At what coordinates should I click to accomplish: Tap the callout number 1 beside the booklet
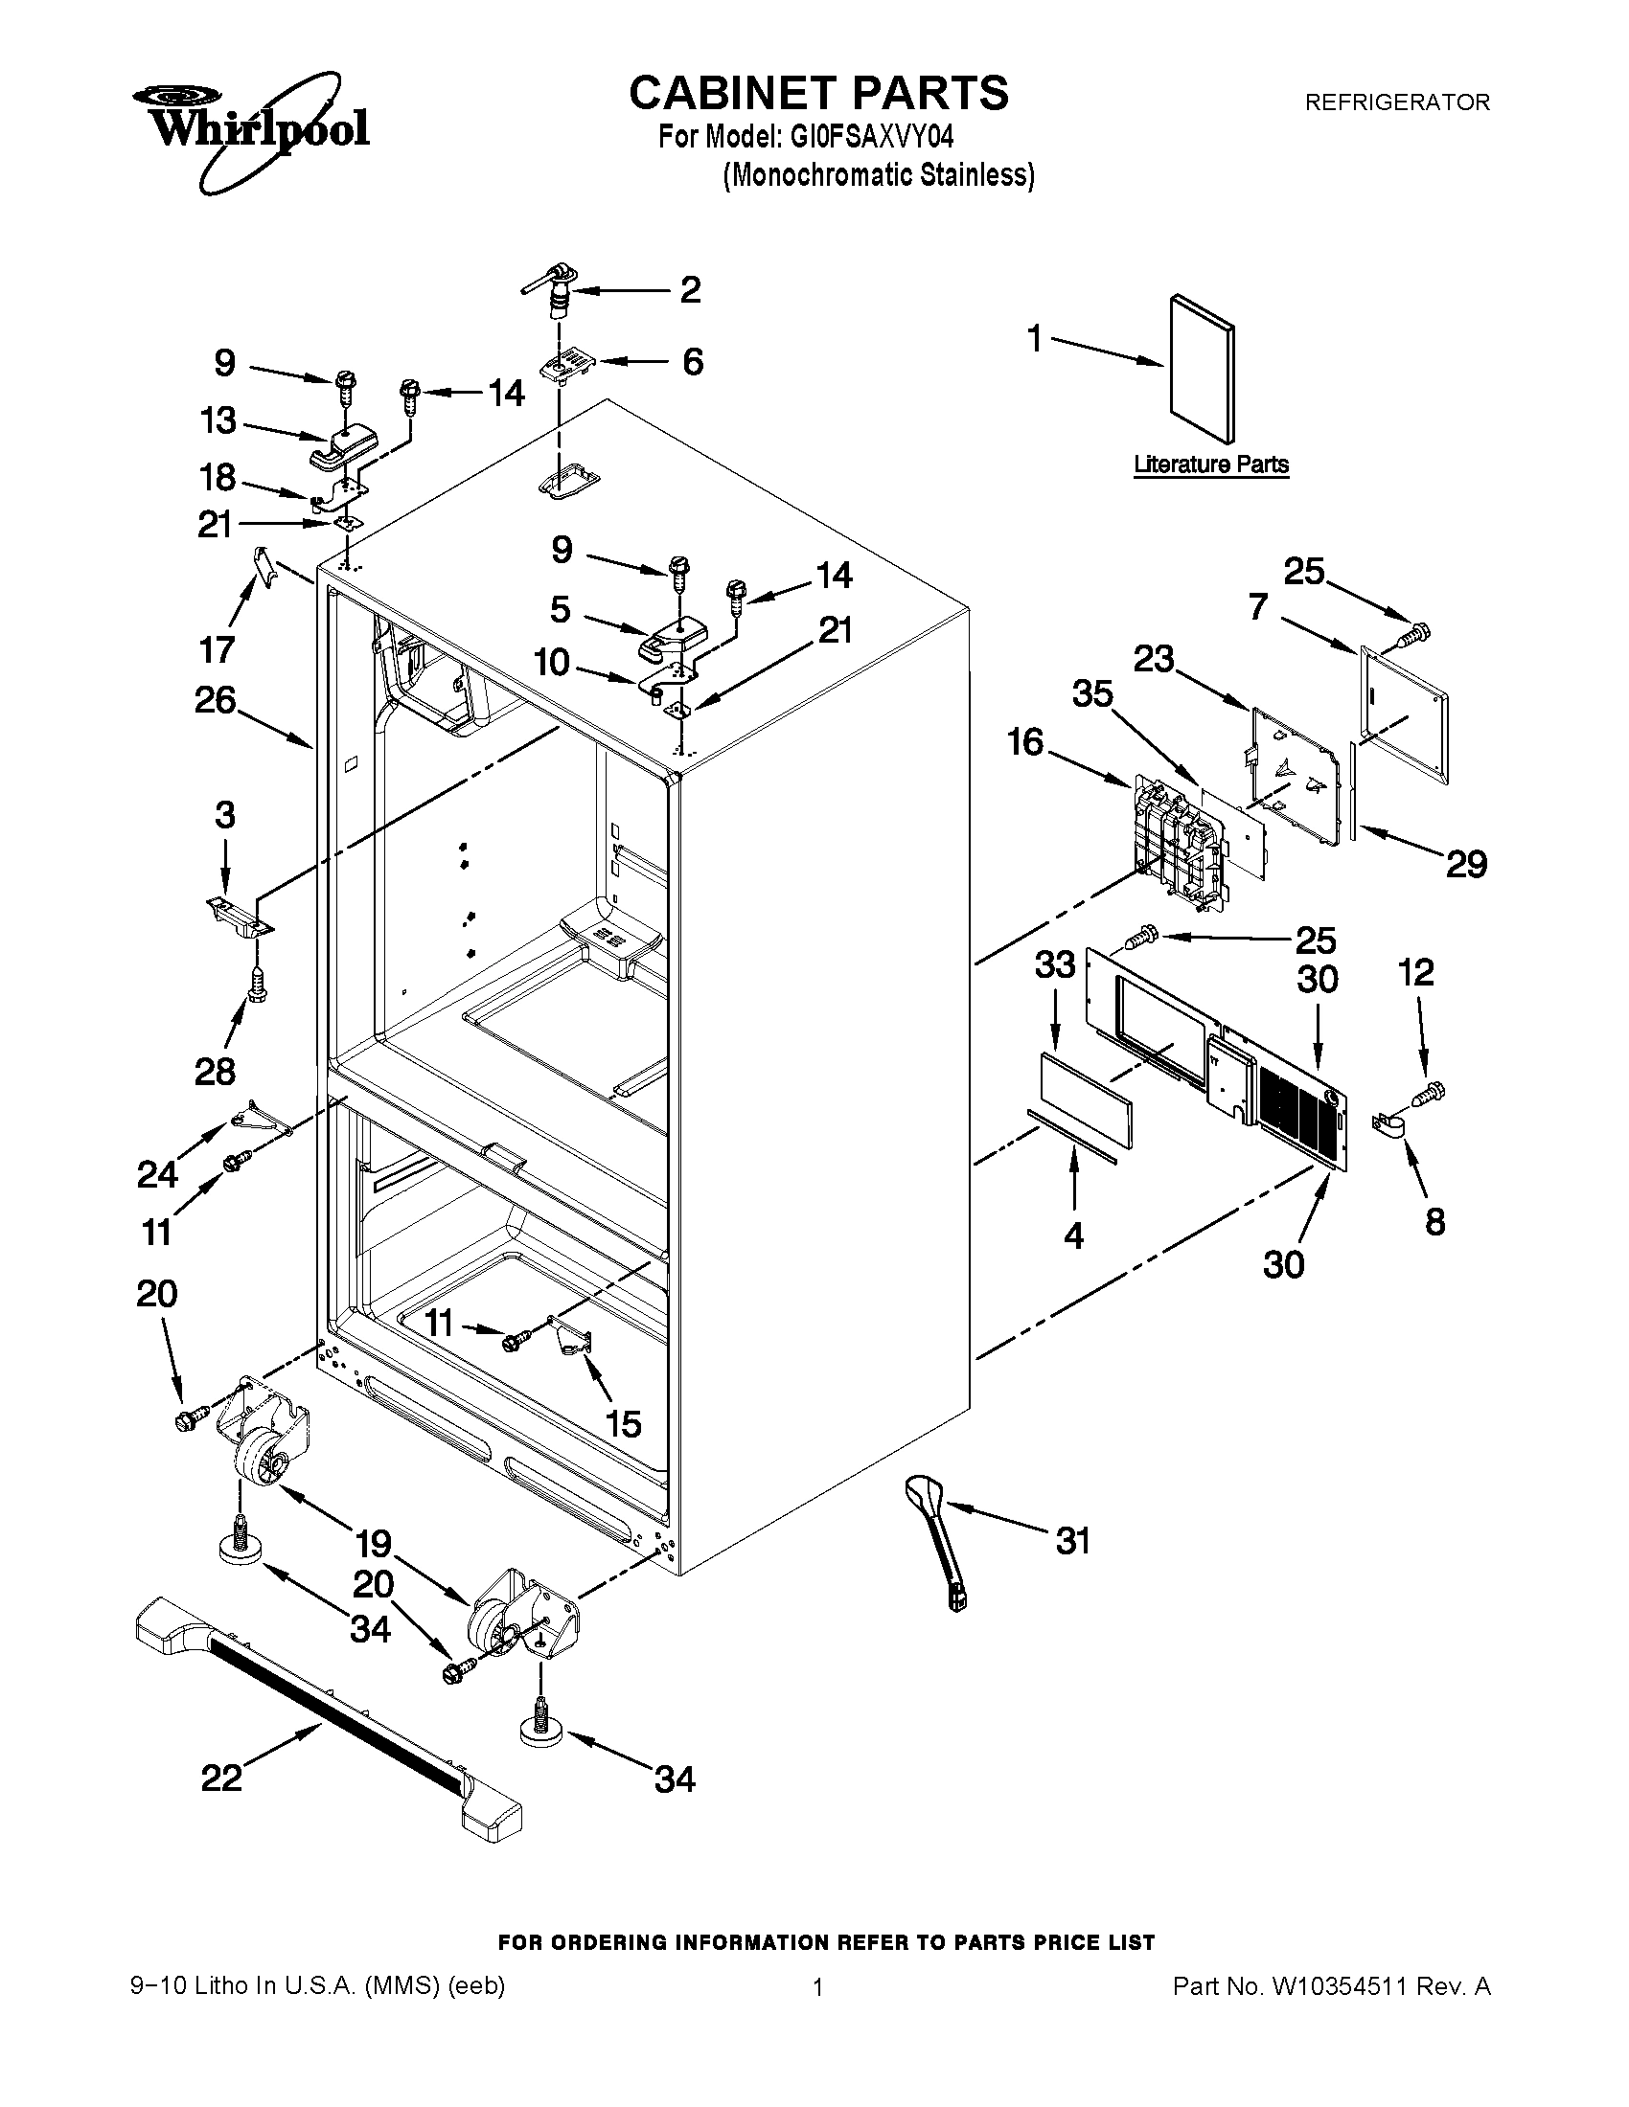[x=1036, y=339]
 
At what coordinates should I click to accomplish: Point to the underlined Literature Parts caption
[x=1210, y=464]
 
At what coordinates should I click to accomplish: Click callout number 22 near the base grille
[x=221, y=1776]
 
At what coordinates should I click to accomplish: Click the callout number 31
[x=1073, y=1540]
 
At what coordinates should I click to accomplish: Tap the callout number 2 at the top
[x=690, y=289]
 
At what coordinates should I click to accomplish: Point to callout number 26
[x=216, y=699]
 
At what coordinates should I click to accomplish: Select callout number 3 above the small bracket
[x=225, y=815]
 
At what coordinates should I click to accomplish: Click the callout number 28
[x=216, y=1070]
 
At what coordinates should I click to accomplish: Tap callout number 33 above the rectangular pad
[x=1055, y=963]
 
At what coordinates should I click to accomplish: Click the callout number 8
[x=1435, y=1221]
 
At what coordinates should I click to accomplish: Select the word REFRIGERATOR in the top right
[x=1396, y=102]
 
